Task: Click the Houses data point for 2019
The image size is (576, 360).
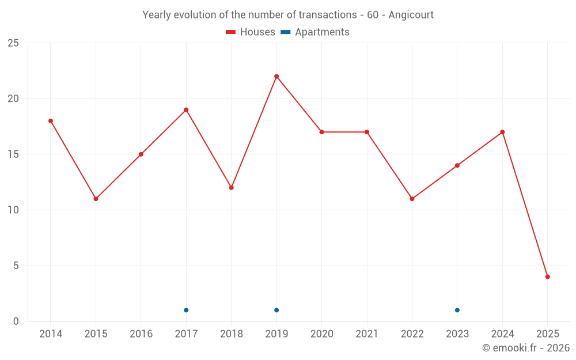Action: tap(276, 77)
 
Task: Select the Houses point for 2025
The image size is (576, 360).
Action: tap(547, 276)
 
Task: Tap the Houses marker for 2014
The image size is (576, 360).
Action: tap(51, 121)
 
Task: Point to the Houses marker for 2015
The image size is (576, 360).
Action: tap(96, 199)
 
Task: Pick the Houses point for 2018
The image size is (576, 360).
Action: tap(231, 188)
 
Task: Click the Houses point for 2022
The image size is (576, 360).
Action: tap(412, 199)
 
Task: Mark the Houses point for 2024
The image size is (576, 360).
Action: tap(502, 132)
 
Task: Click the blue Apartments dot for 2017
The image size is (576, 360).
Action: tap(186, 310)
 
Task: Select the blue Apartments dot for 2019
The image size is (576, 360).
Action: tap(276, 310)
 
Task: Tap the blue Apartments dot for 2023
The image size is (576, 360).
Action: tap(457, 310)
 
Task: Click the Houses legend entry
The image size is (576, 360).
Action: tap(251, 32)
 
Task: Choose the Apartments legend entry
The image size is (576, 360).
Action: tap(315, 32)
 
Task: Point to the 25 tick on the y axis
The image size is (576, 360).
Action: tap(13, 43)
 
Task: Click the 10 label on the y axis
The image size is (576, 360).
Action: tap(13, 210)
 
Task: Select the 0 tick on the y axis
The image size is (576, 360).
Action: tap(16, 321)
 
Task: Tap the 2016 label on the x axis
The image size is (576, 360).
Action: tap(141, 334)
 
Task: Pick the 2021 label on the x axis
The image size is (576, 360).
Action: tap(367, 334)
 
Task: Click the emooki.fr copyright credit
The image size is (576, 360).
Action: tap(526, 348)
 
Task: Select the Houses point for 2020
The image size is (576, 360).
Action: tap(321, 132)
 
